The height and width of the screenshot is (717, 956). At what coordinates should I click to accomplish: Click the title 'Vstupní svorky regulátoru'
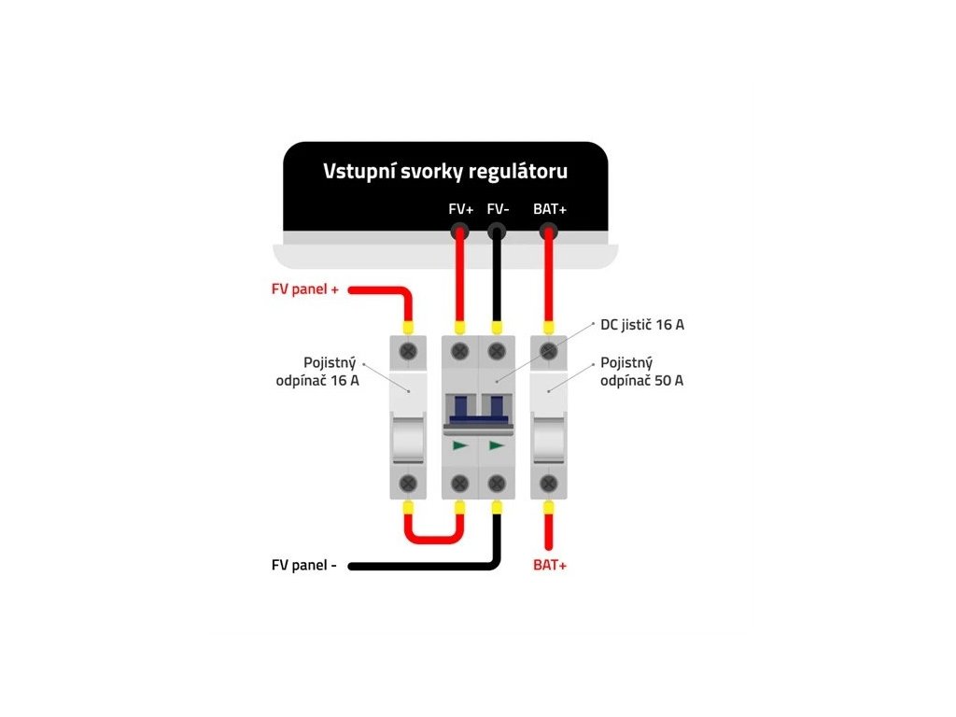point(445,172)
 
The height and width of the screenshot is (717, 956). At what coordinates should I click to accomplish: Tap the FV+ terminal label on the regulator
point(461,209)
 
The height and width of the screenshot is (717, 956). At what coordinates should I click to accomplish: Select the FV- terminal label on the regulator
point(499,209)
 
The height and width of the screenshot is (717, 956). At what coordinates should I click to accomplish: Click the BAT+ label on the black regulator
point(550,209)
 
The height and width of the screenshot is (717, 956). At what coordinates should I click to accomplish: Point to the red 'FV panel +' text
point(305,289)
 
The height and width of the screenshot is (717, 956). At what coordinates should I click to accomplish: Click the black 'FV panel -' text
point(304,565)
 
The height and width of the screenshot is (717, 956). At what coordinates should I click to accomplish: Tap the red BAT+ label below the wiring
point(550,565)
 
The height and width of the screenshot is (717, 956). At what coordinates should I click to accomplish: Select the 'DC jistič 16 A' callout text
point(642,325)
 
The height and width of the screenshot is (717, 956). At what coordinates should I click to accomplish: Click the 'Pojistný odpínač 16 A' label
point(317,372)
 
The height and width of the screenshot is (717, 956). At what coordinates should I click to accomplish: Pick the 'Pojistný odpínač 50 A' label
point(642,372)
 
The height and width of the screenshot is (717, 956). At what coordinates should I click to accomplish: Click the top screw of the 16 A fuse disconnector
point(408,351)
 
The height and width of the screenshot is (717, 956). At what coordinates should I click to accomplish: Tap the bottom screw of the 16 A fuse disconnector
point(408,484)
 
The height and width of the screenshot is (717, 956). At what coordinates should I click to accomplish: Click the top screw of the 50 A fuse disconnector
point(549,351)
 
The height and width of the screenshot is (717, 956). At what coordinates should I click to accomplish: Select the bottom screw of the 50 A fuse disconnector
point(549,484)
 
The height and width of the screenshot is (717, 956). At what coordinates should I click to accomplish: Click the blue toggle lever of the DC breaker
point(479,410)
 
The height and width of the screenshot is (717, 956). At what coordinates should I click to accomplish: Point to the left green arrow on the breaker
point(460,445)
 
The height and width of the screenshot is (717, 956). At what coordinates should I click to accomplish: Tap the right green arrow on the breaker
point(497,445)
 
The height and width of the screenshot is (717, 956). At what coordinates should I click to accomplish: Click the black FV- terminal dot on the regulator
point(497,232)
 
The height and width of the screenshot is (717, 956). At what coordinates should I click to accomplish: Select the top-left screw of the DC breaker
point(459,351)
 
